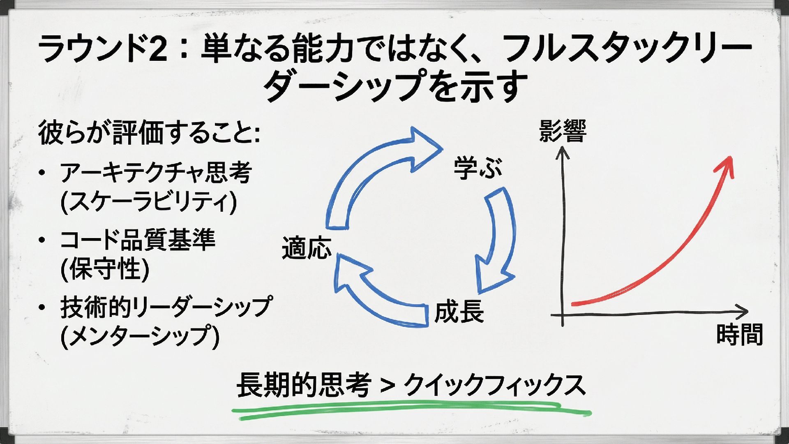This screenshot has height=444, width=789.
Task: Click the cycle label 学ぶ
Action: click(478, 169)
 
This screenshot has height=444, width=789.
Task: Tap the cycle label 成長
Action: click(459, 312)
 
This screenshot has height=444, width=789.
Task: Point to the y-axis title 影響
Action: click(563, 131)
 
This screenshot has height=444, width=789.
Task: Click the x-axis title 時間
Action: click(739, 334)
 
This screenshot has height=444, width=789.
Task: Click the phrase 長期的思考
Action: click(303, 385)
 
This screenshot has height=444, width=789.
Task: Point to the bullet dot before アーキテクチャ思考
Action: click(42, 173)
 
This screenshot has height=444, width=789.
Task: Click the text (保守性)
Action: click(105, 269)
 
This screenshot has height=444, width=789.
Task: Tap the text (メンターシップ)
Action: click(140, 336)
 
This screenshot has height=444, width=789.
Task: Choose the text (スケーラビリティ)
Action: click(148, 201)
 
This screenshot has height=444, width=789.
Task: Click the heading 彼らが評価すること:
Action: click(149, 132)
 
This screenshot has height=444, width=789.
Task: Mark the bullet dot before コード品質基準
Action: click(42, 240)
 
